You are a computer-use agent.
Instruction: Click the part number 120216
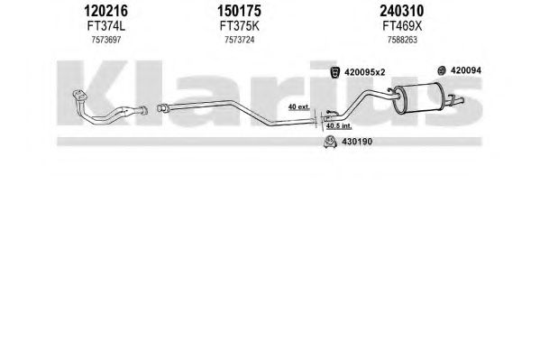click(x=105, y=11)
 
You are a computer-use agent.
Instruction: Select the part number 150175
click(x=239, y=11)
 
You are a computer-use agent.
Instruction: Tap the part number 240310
click(x=401, y=11)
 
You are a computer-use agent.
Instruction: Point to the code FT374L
click(x=106, y=26)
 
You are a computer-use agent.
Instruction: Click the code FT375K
click(x=240, y=26)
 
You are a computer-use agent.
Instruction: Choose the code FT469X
click(x=402, y=26)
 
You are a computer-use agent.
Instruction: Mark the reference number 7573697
click(x=106, y=40)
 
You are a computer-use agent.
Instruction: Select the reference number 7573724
click(x=240, y=40)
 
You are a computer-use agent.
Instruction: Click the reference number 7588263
click(x=402, y=40)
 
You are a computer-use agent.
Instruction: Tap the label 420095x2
click(x=365, y=72)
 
